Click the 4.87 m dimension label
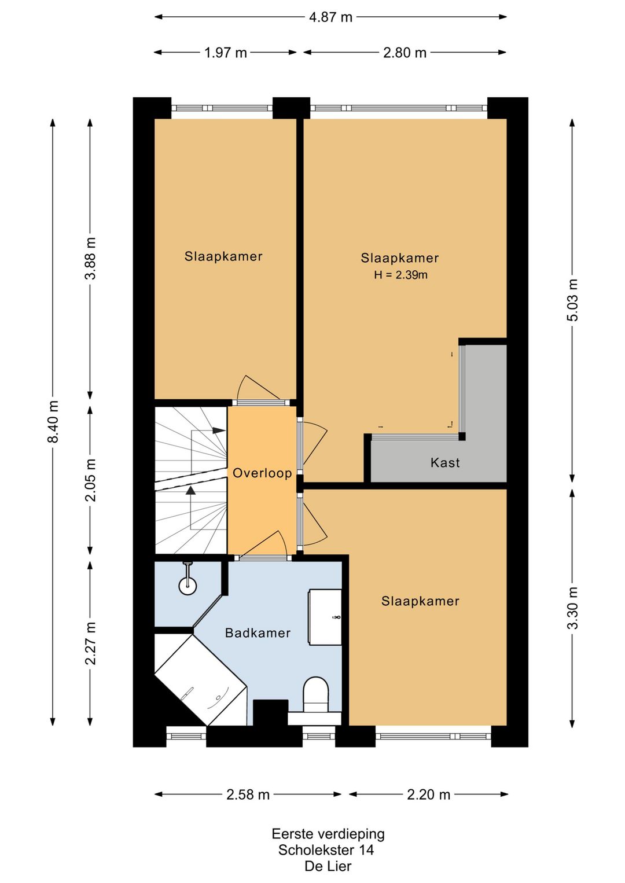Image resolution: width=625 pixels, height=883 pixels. coord(330,17)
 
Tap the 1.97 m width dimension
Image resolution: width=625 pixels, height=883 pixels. coord(226,53)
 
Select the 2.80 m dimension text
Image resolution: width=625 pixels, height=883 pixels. coord(405,53)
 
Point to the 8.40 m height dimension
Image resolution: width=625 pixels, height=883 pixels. coord(53,422)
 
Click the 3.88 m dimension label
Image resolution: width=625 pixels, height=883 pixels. coord(91,258)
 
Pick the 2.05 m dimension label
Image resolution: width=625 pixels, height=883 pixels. coord(91,480)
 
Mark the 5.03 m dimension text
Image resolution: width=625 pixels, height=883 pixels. coord(572,300)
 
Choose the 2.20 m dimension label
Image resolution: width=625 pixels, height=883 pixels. coord(429,794)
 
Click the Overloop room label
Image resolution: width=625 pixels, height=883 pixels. coord(262,473)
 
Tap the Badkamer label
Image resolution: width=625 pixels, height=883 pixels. coord(258,633)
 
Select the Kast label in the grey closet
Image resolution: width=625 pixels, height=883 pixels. coord(445,462)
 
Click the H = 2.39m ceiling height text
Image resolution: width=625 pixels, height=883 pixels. coord(400,275)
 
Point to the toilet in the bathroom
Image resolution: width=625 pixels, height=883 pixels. coord(316,697)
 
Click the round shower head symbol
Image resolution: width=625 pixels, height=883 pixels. coord(187,586)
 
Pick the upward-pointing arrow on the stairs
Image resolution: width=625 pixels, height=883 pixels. coord(191,490)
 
